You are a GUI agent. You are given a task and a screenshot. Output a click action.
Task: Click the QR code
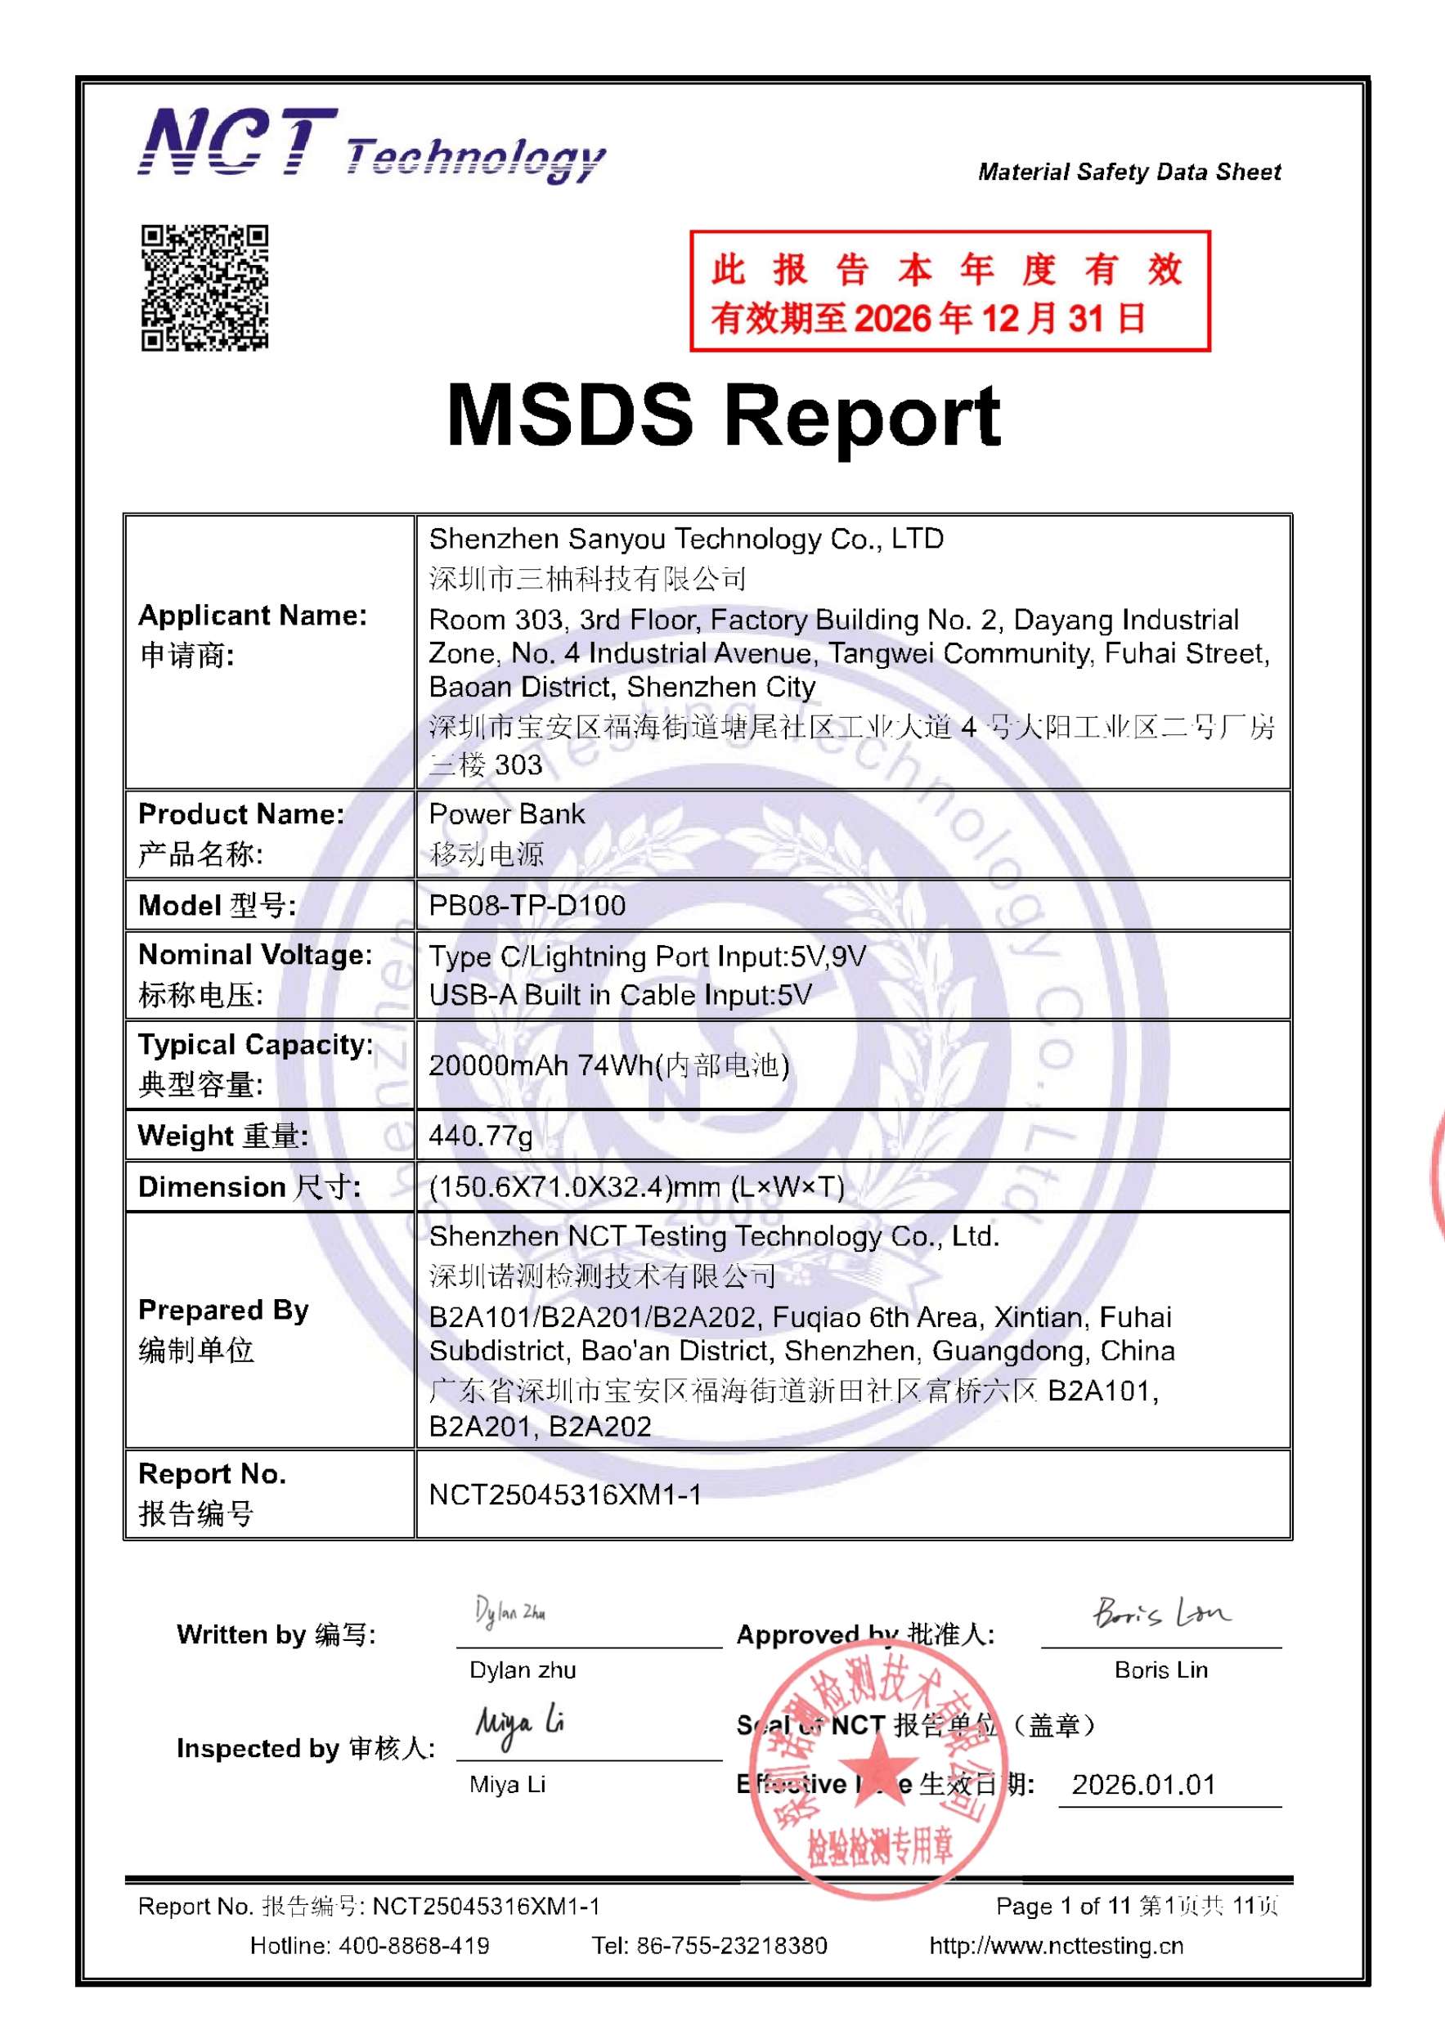coord(204,288)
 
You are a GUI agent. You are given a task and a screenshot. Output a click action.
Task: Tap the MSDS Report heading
coord(723,415)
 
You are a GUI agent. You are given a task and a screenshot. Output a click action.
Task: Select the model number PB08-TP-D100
coord(527,905)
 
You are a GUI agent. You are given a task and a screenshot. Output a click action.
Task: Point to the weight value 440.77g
coord(481,1135)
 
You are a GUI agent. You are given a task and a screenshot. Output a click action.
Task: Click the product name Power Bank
coord(506,814)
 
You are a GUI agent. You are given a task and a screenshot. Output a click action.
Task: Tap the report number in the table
coord(564,1495)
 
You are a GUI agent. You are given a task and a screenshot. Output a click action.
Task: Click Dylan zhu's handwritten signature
coord(510,1611)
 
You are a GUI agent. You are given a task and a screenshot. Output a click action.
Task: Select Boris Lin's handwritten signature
coord(1160,1612)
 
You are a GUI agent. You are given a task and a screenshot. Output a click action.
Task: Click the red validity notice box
coord(949,291)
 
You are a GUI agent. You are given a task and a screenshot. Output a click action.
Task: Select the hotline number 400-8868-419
coord(413,1946)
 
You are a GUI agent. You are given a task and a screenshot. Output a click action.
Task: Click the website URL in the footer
coord(1056,1946)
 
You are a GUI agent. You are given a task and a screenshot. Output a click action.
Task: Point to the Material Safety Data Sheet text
coord(1129,172)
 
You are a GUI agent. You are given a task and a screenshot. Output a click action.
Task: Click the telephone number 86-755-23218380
coord(731,1946)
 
